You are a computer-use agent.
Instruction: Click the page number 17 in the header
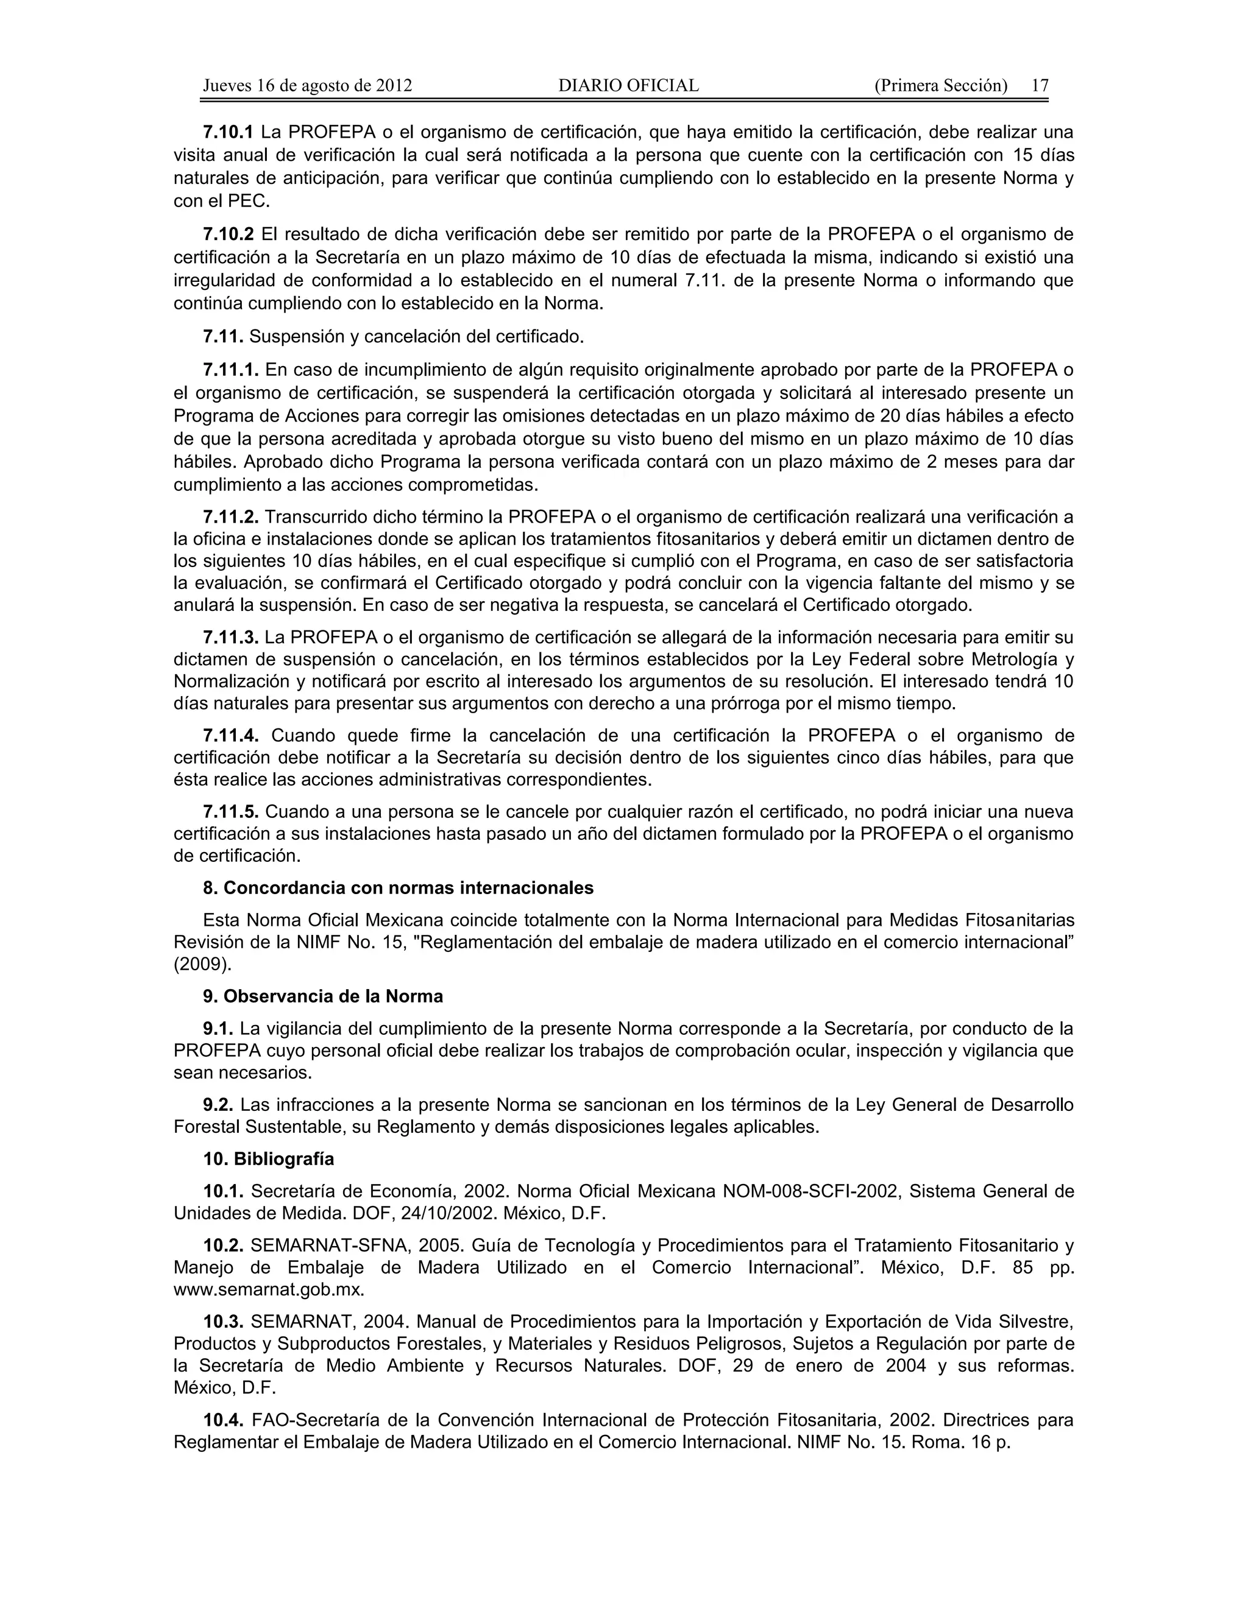pyautogui.click(x=1040, y=86)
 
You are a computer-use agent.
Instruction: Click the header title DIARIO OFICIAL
pyautogui.click(x=628, y=86)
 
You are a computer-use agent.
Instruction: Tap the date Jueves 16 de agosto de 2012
pyautogui.click(x=307, y=86)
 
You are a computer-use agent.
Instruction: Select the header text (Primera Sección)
pyautogui.click(x=940, y=86)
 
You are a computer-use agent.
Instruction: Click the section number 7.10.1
pyautogui.click(x=228, y=132)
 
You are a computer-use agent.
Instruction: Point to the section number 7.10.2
pyautogui.click(x=228, y=234)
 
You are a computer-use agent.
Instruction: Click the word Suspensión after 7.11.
pyautogui.click(x=291, y=337)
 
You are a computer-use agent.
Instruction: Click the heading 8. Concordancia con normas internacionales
pyautogui.click(x=398, y=887)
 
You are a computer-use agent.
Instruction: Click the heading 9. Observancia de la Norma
pyautogui.click(x=323, y=996)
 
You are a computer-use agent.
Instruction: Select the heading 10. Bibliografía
pyautogui.click(x=268, y=1159)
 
